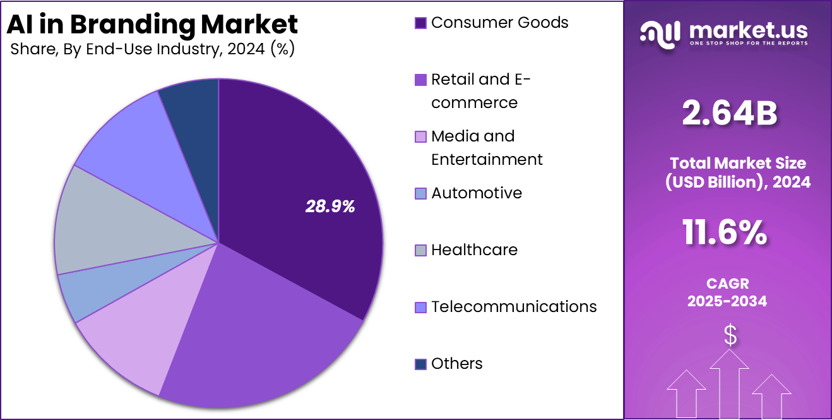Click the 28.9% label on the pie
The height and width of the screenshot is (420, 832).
click(x=330, y=206)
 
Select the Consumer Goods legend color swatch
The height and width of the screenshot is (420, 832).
click(x=420, y=23)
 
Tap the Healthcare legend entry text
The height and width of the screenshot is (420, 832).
click(x=474, y=250)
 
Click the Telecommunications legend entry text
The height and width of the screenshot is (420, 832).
click(x=514, y=307)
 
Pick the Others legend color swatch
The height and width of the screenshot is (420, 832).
click(x=420, y=364)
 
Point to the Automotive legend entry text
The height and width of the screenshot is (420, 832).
click(x=477, y=193)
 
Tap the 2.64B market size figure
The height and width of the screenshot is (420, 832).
click(x=729, y=114)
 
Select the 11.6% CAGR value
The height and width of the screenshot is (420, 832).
click(x=725, y=232)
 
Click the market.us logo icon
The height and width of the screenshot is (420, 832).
click(x=660, y=33)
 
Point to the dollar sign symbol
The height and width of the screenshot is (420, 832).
click(x=730, y=336)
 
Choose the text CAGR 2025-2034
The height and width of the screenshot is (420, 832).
click(x=727, y=292)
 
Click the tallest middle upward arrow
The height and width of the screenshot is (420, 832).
click(x=729, y=382)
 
